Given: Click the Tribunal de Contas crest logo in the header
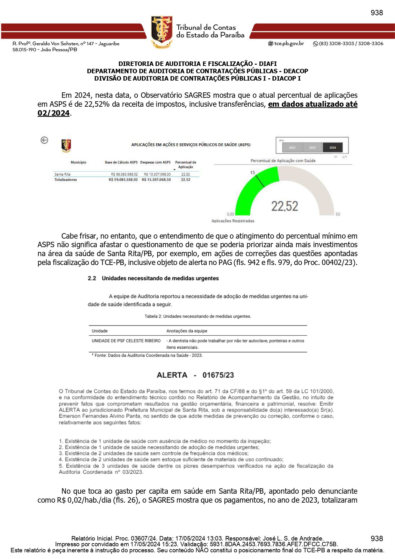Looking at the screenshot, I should pos(162,32).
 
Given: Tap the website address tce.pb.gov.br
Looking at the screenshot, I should pos(289,44).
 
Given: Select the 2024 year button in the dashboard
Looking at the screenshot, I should pos(333,147).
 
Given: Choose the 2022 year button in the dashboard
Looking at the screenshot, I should pos(292,147).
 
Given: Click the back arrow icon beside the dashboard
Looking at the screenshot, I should pos(44,140).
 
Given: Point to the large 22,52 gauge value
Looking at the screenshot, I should pos(284,206).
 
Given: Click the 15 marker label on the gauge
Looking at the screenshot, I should pos(252,173).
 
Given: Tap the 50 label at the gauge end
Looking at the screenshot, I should pos(338,214).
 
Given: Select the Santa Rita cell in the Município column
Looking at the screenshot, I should pos(62,174).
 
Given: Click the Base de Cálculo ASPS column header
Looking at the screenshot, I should pos(121,162).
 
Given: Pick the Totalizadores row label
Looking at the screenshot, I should pos(66,180).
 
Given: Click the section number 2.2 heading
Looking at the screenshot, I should pos(92,278).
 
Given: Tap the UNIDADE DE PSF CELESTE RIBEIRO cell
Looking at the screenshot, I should pos(126,341).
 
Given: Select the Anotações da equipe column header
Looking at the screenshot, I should pos(187,331).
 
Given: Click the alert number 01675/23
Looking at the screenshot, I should pos(218,375).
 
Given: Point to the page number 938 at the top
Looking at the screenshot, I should pos(377,13).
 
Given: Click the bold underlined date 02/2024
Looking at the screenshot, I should pos(54,113).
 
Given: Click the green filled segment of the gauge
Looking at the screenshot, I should pos(252,191).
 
